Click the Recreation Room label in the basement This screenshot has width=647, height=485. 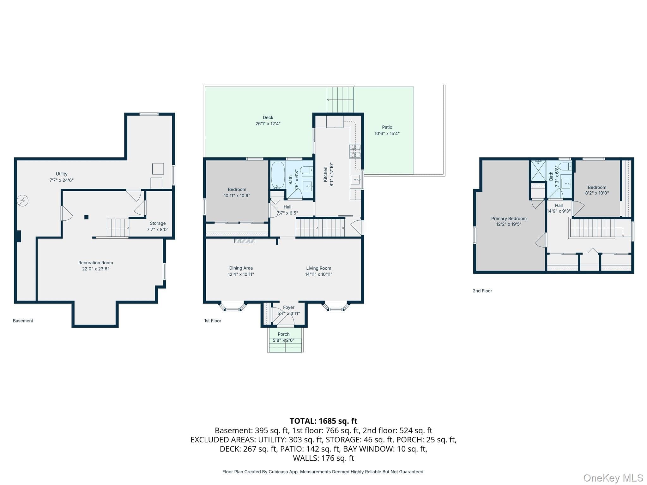click(x=95, y=263)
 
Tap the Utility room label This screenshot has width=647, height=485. click(x=62, y=174)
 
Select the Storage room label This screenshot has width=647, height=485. click(x=158, y=223)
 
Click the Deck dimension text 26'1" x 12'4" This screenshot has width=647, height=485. click(x=268, y=124)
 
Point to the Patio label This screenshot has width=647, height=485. click(x=387, y=127)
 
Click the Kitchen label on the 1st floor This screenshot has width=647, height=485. click(x=325, y=174)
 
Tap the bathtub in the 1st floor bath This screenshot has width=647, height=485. click(x=278, y=175)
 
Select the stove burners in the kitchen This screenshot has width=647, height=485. click(x=355, y=151)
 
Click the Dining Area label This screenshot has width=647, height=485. click(x=241, y=268)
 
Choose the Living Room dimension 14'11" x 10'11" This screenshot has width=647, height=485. click(x=318, y=274)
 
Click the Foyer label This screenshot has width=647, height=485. click(x=289, y=307)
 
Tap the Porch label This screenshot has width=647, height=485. click(x=284, y=334)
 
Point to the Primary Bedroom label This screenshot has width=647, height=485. click(x=509, y=219)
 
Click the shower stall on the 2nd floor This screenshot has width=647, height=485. click(x=538, y=171)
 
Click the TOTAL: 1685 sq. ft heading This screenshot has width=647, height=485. click(x=323, y=421)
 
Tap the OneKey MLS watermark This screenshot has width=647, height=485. click(x=613, y=478)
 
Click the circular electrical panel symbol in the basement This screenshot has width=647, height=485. click(x=23, y=201)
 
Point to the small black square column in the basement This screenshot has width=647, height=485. click(x=86, y=217)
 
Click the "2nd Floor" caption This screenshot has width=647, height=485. click(x=482, y=291)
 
